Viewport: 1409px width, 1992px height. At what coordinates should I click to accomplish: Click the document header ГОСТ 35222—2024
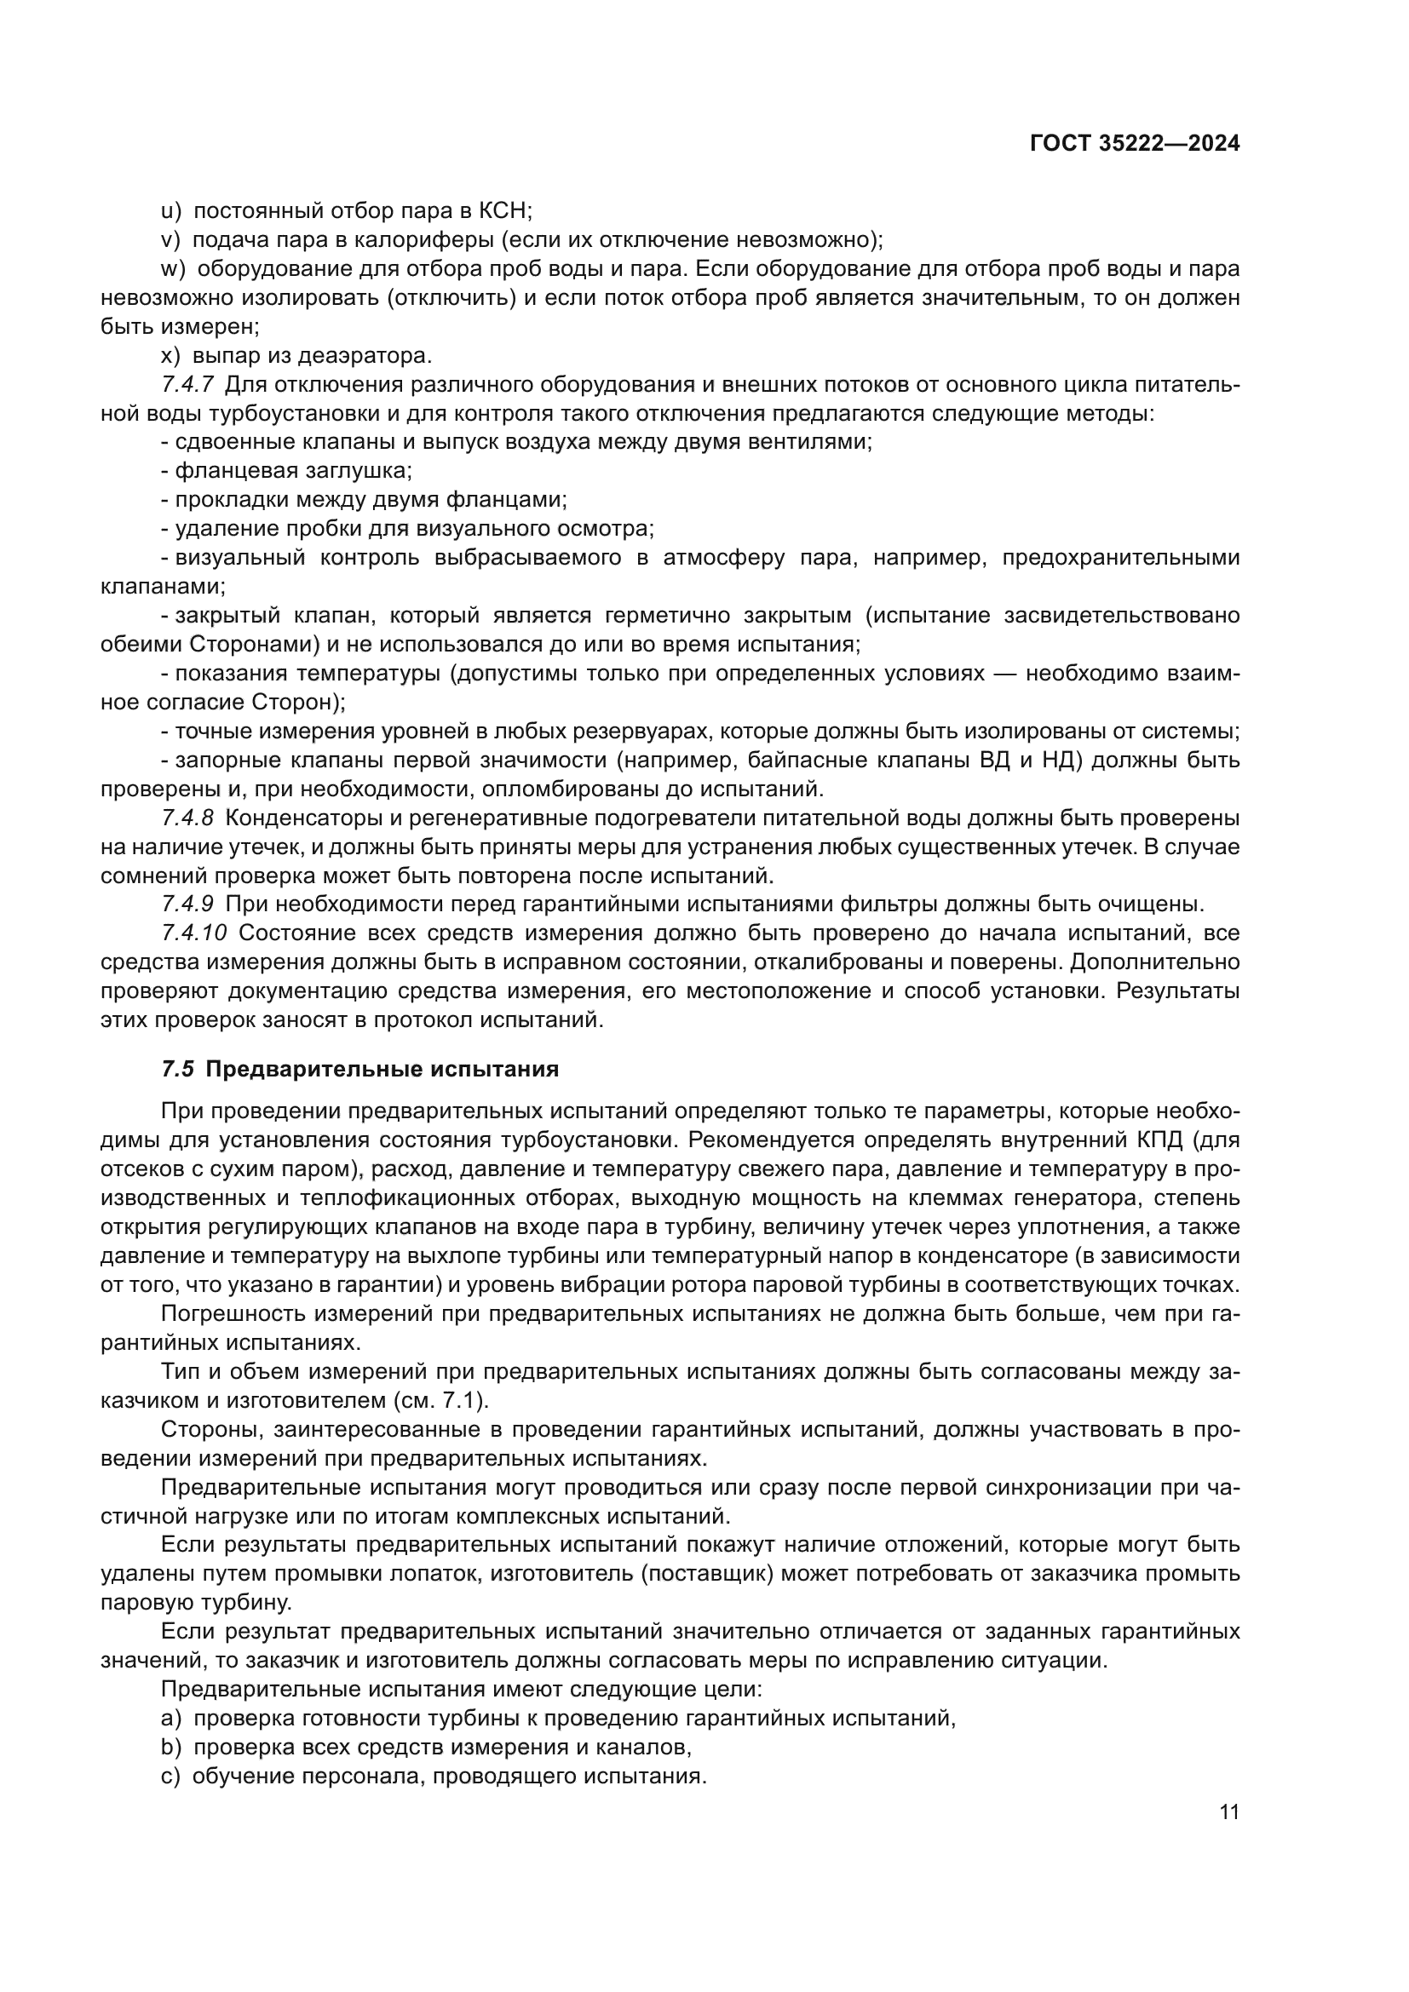(x=1134, y=144)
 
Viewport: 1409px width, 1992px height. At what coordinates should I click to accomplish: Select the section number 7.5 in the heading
(x=178, y=1070)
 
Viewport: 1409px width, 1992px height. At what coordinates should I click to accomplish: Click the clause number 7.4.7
(x=187, y=384)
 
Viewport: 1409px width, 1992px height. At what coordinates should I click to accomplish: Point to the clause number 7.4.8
(x=187, y=818)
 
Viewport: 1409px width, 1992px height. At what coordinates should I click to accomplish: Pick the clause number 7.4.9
(x=187, y=905)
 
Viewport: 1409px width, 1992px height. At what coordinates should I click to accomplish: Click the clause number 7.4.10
(x=193, y=933)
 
